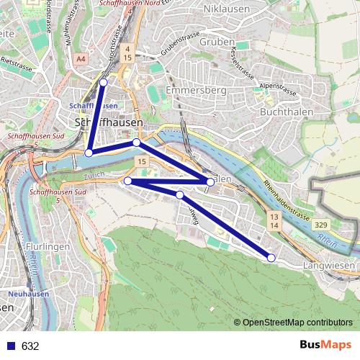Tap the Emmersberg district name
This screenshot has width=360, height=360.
point(197,91)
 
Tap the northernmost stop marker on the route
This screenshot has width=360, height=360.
point(103,83)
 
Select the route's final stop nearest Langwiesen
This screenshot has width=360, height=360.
point(271,258)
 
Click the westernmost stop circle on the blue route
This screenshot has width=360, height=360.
point(89,153)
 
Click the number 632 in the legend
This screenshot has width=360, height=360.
point(30,346)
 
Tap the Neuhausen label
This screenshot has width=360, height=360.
point(28,294)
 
